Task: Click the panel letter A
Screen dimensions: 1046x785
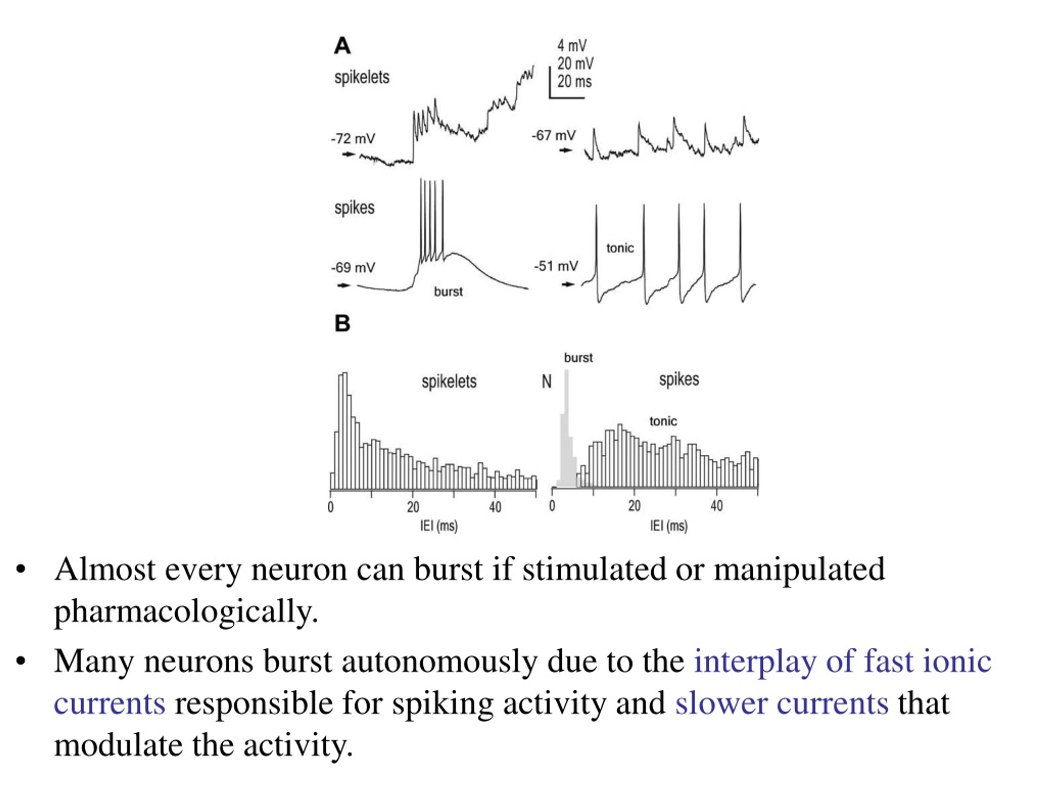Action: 342,46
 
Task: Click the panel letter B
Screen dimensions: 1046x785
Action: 342,324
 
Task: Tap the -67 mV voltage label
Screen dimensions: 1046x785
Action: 554,136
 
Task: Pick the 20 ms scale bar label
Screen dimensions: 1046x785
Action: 574,82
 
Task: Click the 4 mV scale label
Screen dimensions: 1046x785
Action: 572,46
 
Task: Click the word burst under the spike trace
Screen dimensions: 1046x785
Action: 448,292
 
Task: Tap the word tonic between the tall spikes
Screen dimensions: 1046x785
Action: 620,248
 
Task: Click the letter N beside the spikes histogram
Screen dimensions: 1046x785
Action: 546,382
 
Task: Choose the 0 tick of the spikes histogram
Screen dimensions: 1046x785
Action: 552,506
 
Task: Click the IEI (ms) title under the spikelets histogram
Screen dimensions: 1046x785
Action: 439,526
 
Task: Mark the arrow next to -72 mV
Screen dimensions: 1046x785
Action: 349,154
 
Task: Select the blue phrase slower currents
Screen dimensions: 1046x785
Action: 782,703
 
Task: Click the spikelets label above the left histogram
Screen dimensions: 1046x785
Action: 449,381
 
